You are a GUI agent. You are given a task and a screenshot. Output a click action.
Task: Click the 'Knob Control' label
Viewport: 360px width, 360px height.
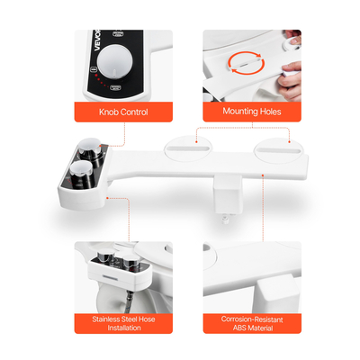point(123,112)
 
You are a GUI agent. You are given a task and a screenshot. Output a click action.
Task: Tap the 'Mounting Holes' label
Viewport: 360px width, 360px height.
point(252,112)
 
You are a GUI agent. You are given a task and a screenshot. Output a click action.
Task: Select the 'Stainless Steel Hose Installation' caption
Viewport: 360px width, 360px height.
point(123,323)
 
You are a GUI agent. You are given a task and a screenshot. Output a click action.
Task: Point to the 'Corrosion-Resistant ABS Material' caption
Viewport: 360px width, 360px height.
point(252,323)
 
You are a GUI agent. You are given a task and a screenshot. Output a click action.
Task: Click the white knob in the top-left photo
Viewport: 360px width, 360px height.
point(114,61)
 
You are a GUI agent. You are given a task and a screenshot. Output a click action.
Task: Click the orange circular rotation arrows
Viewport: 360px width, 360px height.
point(246,62)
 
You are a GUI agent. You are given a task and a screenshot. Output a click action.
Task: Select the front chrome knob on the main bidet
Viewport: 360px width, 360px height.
point(82,175)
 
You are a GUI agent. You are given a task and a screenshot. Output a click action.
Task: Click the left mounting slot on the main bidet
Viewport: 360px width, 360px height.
point(188,148)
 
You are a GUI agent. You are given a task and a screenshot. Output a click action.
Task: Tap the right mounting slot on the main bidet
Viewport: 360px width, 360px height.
point(279,150)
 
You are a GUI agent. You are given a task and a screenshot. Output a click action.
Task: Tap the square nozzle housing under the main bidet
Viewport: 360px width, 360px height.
point(228,194)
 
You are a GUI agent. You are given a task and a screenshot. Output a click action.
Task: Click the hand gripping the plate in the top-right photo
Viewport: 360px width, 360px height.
point(289,80)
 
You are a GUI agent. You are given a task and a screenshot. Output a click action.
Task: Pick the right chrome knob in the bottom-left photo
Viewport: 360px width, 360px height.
point(130,261)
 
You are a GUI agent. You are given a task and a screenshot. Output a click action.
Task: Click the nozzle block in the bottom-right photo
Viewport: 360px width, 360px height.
point(276,294)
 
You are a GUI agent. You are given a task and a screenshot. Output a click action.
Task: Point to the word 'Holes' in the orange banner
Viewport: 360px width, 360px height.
point(269,112)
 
